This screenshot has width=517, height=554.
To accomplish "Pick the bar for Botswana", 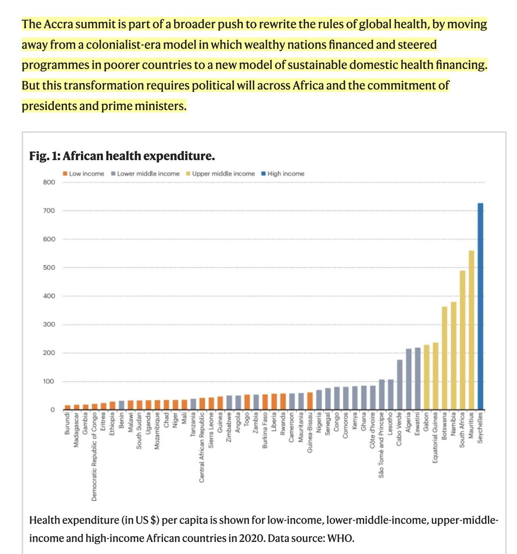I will tap(445, 358).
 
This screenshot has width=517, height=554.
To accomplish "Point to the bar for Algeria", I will tap(409, 379).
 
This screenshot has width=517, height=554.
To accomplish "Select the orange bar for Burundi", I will tap(68, 407).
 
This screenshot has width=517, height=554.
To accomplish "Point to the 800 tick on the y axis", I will tap(49, 182).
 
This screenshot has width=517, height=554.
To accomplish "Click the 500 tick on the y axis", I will tap(49, 268).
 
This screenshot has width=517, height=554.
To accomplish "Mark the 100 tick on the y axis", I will tap(49, 382).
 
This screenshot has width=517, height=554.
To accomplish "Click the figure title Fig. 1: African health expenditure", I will tap(122, 156).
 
